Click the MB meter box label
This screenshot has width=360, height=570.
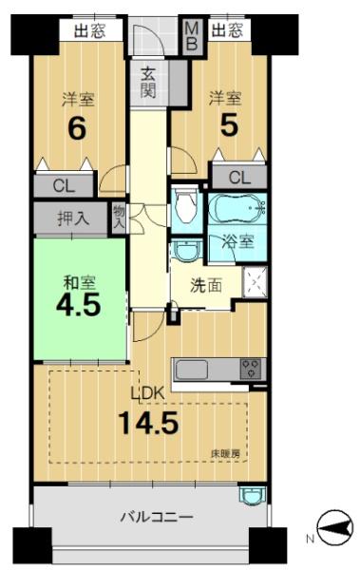192,36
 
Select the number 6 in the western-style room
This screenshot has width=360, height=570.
78,128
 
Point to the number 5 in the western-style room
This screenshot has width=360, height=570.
229,125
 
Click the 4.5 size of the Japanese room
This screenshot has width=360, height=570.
78,305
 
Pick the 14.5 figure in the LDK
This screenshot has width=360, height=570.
149,424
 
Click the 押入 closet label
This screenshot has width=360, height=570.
73,218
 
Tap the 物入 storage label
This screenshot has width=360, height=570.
119,218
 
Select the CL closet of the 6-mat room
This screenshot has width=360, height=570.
64,186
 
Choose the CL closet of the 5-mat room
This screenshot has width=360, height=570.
239,178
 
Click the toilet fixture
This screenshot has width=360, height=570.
185,206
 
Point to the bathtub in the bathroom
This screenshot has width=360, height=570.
237,208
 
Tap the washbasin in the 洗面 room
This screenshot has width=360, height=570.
186,251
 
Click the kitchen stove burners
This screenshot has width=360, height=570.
251,369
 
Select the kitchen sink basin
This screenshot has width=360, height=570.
192,370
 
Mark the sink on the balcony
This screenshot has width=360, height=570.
253,496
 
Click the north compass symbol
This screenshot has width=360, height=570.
335,527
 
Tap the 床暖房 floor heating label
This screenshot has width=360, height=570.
225,453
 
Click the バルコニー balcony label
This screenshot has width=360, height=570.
157,517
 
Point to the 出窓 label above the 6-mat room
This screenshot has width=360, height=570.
90,30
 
